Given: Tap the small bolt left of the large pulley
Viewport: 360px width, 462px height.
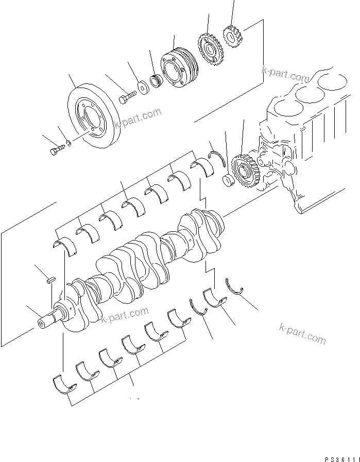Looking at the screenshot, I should click(x=56, y=151).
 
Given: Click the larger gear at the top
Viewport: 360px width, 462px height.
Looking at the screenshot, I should click(x=210, y=49).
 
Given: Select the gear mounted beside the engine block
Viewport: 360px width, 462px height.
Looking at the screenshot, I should click(x=242, y=169).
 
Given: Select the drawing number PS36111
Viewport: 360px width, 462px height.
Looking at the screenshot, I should click(x=339, y=456).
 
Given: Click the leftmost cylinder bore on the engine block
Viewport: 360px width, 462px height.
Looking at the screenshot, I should click(x=284, y=109).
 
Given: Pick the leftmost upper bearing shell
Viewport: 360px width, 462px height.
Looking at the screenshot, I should click(x=65, y=247).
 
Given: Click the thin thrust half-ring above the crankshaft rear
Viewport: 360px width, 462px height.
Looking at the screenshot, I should click(x=216, y=158).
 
